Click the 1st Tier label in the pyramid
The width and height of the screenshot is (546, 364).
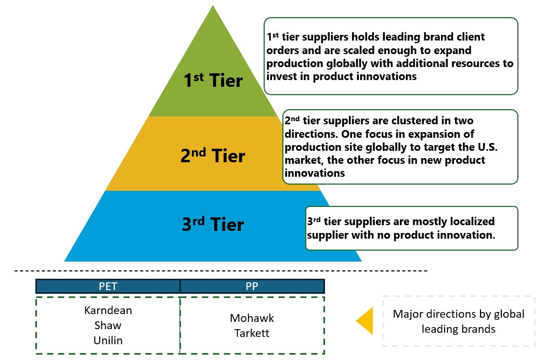[213, 81]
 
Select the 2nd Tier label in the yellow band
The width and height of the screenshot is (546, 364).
[213, 155]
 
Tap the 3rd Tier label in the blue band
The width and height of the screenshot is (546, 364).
[213, 224]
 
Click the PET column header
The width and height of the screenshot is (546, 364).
[108, 286]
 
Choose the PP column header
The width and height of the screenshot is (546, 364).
[252, 286]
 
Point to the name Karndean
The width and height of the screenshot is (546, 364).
[108, 310]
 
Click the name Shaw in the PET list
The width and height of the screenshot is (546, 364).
[108, 326]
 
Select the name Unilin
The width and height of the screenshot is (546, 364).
[108, 340]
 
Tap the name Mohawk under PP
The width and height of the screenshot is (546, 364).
[252, 318]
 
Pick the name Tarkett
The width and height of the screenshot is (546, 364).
[252, 333]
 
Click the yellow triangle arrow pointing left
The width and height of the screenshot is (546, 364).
[366, 320]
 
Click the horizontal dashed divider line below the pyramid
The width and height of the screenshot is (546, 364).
[221, 271]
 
